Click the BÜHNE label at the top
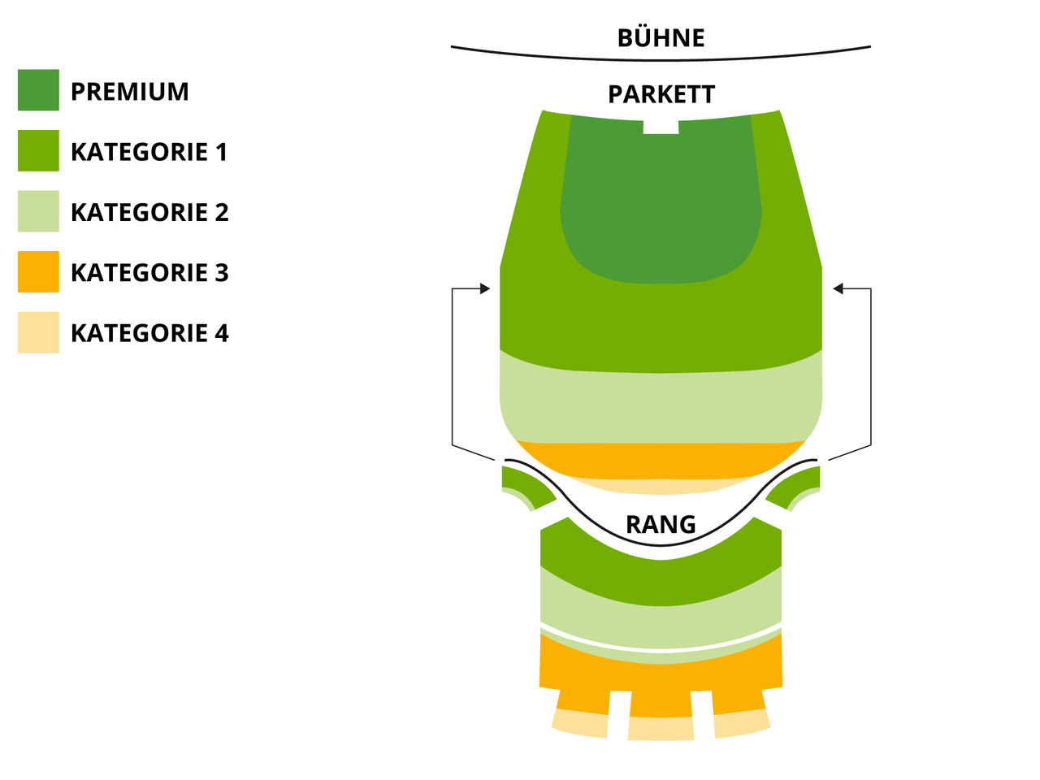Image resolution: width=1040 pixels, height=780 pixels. click(661, 38)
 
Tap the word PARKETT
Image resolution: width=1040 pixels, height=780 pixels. click(661, 94)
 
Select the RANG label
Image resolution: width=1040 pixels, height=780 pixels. click(661, 524)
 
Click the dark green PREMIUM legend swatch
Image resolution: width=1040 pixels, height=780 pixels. click(38, 90)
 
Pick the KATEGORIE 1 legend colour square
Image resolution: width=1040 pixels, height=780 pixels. click(38, 150)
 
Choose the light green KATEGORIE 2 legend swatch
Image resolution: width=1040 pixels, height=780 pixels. click(38, 211)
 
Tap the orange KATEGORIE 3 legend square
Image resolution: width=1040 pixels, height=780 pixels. click(38, 272)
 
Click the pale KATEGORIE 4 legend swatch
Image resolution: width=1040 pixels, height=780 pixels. click(38, 332)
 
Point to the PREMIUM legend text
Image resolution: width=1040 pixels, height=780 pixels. click(130, 91)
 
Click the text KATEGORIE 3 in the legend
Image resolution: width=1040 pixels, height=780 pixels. click(149, 272)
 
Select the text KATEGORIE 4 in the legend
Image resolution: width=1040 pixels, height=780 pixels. click(149, 333)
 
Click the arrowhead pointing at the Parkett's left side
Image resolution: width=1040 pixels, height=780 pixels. click(485, 288)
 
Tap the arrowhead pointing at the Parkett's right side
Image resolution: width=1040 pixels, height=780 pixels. click(838, 288)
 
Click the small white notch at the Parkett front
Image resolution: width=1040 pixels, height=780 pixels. click(661, 127)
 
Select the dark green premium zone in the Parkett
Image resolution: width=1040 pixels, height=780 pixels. click(661, 199)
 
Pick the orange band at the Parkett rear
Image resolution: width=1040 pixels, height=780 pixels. click(661, 461)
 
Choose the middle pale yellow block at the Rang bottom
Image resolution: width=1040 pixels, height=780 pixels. click(661, 728)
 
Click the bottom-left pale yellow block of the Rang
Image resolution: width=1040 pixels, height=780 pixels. click(580, 723)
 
